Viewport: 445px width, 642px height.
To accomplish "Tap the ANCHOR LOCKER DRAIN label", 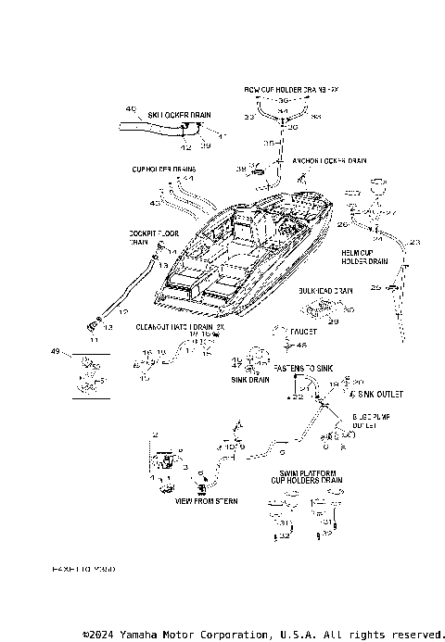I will click(x=321, y=160).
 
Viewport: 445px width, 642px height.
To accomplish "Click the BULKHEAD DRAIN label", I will click(x=325, y=291).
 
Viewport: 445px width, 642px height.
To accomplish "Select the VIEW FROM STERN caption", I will click(x=206, y=500).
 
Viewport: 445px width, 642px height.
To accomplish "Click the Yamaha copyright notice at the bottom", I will click(x=263, y=635).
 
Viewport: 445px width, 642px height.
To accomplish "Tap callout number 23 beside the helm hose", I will click(x=413, y=242).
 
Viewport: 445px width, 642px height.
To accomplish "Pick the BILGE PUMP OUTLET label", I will click(x=362, y=422).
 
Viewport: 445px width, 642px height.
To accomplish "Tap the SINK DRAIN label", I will click(x=250, y=380).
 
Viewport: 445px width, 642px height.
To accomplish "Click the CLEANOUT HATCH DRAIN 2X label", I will click(x=182, y=327).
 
